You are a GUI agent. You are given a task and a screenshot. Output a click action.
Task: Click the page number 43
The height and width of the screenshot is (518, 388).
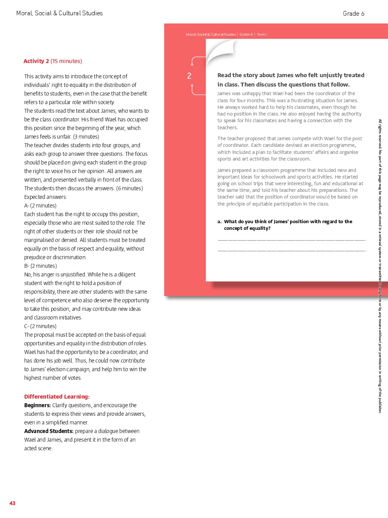point(13,503)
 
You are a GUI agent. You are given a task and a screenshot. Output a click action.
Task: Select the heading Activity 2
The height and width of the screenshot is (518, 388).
point(36,61)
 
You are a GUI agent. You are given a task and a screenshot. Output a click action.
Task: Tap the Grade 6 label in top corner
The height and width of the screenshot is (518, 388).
point(354,14)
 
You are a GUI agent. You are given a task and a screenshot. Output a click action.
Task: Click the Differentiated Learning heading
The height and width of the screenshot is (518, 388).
point(57,397)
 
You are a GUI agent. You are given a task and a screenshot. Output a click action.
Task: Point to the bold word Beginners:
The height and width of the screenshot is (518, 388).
point(38,405)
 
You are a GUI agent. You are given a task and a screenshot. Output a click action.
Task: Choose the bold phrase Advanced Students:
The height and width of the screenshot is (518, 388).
point(49,431)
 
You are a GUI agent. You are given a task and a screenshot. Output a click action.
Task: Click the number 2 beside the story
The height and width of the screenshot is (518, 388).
point(189,76)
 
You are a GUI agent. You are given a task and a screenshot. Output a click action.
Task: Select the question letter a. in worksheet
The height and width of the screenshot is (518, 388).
point(219,222)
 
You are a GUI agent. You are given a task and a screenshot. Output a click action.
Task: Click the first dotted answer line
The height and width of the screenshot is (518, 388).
point(291,240)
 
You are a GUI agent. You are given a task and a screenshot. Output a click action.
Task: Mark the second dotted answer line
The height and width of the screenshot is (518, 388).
point(291,250)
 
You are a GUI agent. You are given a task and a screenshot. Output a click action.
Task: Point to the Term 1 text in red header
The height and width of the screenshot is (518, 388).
point(262,34)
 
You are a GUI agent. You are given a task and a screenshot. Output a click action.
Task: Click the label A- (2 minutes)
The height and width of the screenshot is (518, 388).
point(40,206)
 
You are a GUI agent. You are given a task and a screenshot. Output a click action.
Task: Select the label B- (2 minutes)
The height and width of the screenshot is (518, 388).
point(40,266)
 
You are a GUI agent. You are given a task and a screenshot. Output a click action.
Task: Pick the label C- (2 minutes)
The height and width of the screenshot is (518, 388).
point(40,326)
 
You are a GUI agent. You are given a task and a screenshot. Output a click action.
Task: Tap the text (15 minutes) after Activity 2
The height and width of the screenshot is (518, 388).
point(66,61)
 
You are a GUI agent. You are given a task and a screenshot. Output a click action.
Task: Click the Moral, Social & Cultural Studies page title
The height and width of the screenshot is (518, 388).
point(59,13)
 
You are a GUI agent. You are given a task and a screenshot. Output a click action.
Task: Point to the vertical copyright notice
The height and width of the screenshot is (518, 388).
point(380,266)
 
